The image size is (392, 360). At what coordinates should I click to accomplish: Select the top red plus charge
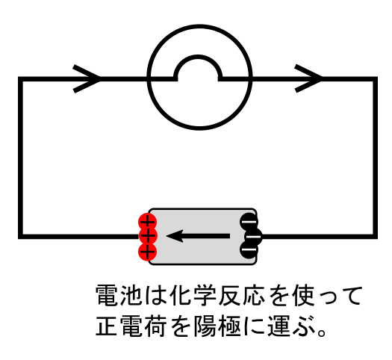pos(148,222)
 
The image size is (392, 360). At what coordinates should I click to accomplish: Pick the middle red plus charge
pos(148,236)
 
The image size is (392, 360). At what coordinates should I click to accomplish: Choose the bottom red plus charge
pos(148,252)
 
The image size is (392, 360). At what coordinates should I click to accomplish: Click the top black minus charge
pos(249,222)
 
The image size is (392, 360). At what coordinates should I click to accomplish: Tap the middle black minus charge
pos(253,236)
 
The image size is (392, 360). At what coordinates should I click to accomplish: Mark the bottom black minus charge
pos(249,249)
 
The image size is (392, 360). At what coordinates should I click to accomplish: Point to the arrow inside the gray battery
pos(198,236)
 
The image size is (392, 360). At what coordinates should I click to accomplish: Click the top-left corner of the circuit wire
pos(20,79)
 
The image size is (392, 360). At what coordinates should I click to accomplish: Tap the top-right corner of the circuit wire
pos(375,79)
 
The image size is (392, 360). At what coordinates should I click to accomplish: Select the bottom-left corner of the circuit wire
pos(20,237)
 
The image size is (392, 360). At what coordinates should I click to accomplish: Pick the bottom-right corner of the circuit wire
pos(375,237)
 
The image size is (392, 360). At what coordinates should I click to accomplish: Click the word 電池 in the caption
pos(119,295)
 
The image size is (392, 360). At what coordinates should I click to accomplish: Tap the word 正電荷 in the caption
pos(131,326)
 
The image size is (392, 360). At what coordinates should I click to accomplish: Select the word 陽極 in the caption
pos(217,326)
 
